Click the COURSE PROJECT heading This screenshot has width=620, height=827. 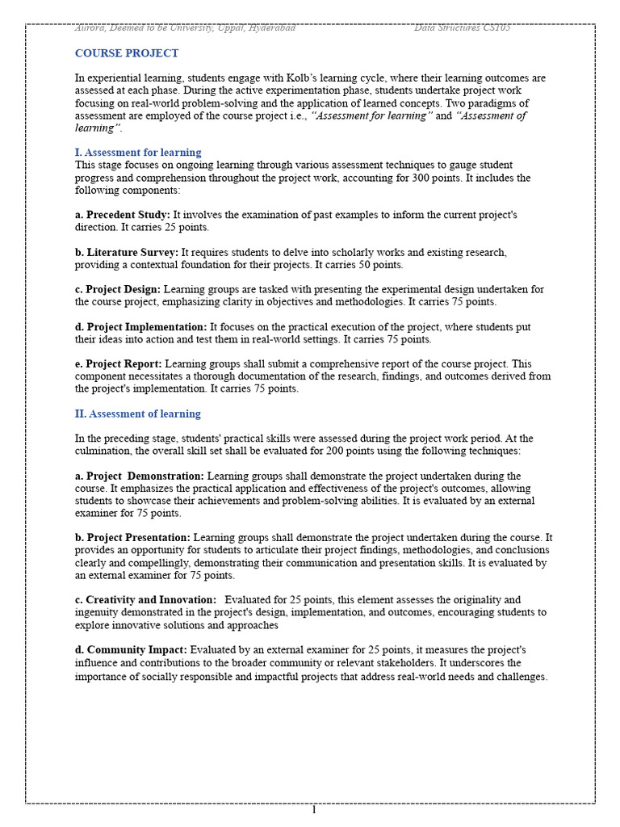click(127, 53)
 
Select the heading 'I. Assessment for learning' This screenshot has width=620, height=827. click(138, 152)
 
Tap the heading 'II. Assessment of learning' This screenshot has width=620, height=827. click(137, 413)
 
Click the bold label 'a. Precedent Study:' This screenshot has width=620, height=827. click(123, 215)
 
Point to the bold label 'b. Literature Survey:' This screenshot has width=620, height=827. click(127, 252)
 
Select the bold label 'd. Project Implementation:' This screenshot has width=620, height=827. click(141, 326)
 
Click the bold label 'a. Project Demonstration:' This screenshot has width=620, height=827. click(140, 476)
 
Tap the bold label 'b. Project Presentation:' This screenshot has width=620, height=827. click(133, 537)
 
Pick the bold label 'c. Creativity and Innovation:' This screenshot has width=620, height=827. click(146, 599)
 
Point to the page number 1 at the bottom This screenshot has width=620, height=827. click(313, 810)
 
